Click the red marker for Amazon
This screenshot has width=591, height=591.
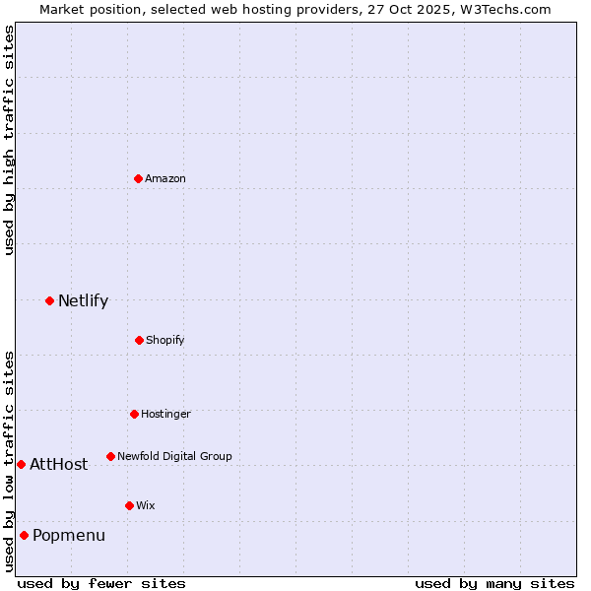pyautogui.click(x=138, y=178)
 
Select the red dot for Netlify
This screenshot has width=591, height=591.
pyautogui.click(x=49, y=300)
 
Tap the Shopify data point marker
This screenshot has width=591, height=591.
pyautogui.click(x=139, y=340)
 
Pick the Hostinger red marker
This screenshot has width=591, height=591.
pyautogui.click(x=134, y=414)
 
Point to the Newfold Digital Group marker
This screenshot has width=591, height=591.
pyautogui.click(x=110, y=456)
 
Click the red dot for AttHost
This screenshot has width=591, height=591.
pyautogui.click(x=21, y=464)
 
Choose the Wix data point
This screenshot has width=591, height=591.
pyautogui.click(x=129, y=505)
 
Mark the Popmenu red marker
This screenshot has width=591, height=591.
pyautogui.click(x=24, y=535)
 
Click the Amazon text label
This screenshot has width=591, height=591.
pyautogui.click(x=165, y=178)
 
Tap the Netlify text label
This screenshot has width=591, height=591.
pyautogui.click(x=83, y=301)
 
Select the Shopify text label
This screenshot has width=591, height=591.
pyautogui.click(x=165, y=340)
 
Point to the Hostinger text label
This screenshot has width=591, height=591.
pyautogui.click(x=165, y=414)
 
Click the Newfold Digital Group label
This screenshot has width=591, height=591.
pyautogui.click(x=174, y=456)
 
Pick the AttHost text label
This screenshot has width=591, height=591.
pyautogui.click(x=58, y=465)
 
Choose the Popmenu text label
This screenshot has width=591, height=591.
pyautogui.click(x=69, y=536)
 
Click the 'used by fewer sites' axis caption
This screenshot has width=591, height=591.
pyautogui.click(x=101, y=583)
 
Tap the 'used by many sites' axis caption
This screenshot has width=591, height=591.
pyautogui.click(x=494, y=583)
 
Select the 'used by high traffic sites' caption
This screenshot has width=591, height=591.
pyautogui.click(x=9, y=141)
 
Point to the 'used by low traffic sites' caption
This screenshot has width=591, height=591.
pyautogui.click(x=9, y=461)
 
